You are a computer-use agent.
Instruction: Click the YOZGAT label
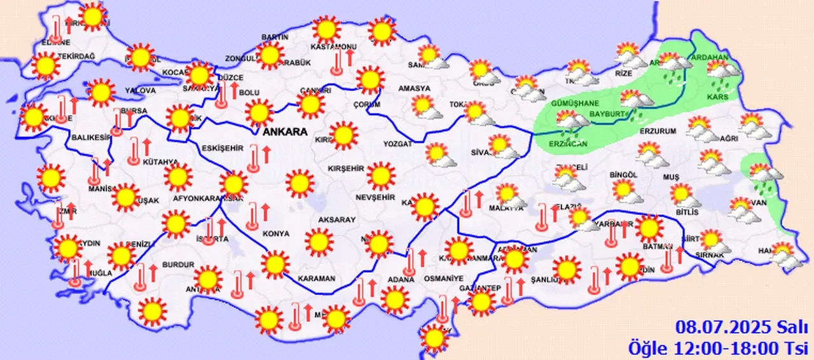point(397,144)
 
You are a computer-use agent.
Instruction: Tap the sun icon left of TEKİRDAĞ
point(45,66)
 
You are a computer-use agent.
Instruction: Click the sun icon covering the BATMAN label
point(649,228)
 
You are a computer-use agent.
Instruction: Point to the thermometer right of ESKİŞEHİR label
point(254,158)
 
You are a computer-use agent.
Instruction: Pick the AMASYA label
point(414,88)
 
